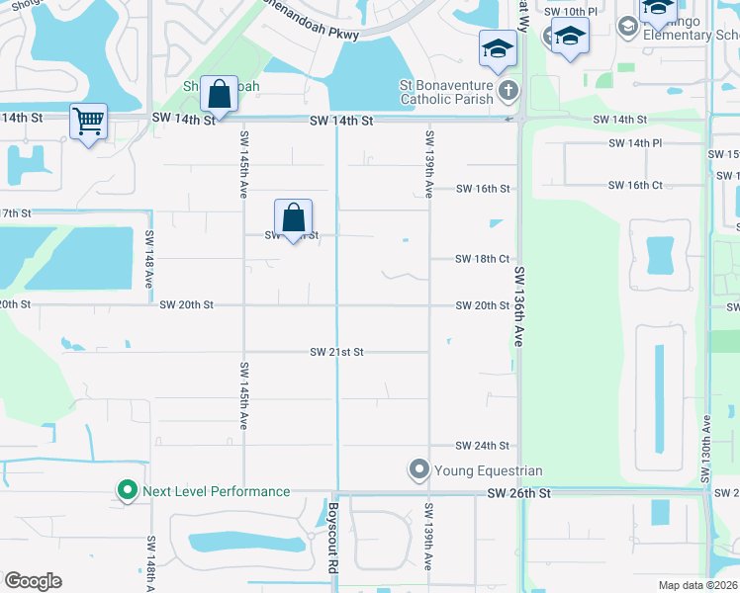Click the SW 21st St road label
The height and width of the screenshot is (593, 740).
click(x=337, y=352)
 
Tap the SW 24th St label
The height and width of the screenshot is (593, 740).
click(x=482, y=446)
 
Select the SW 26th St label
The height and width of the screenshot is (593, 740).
click(x=517, y=493)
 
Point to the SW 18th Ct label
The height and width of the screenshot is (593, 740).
click(x=482, y=259)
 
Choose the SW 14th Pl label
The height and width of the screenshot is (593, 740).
click(x=635, y=143)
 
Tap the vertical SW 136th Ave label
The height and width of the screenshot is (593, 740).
click(x=517, y=310)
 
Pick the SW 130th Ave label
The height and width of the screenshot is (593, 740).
click(x=706, y=449)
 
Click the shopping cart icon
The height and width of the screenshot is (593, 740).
click(x=88, y=122)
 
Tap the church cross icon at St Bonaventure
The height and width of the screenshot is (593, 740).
click(x=508, y=92)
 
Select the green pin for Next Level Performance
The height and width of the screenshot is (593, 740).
click(x=127, y=490)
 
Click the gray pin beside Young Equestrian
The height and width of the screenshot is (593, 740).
click(x=418, y=468)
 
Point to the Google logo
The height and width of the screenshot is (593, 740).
click(x=33, y=581)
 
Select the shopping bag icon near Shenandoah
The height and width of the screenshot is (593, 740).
click(x=220, y=95)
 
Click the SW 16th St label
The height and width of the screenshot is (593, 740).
click(x=482, y=189)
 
